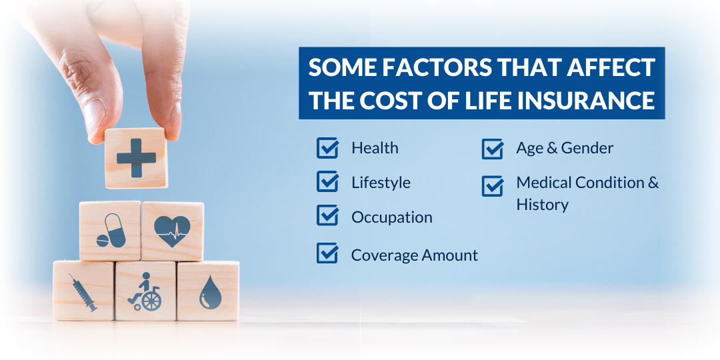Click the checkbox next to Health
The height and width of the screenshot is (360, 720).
(x=327, y=148)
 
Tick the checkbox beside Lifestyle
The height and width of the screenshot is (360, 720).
(x=327, y=181)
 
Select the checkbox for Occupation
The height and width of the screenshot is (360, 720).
(x=327, y=215)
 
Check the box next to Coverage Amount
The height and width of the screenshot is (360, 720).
(x=327, y=253)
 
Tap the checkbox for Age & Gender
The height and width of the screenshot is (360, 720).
(x=493, y=148)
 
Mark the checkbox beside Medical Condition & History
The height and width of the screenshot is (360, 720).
(x=493, y=185)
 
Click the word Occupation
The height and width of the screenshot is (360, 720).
(x=392, y=217)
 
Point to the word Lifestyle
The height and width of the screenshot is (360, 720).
(x=381, y=183)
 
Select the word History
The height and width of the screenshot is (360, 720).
(x=542, y=205)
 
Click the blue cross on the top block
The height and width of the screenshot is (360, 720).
(x=136, y=159)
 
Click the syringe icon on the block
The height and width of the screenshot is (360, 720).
(x=83, y=293)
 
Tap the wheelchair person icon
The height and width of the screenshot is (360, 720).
(x=145, y=291)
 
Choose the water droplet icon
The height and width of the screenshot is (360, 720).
(x=210, y=292)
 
